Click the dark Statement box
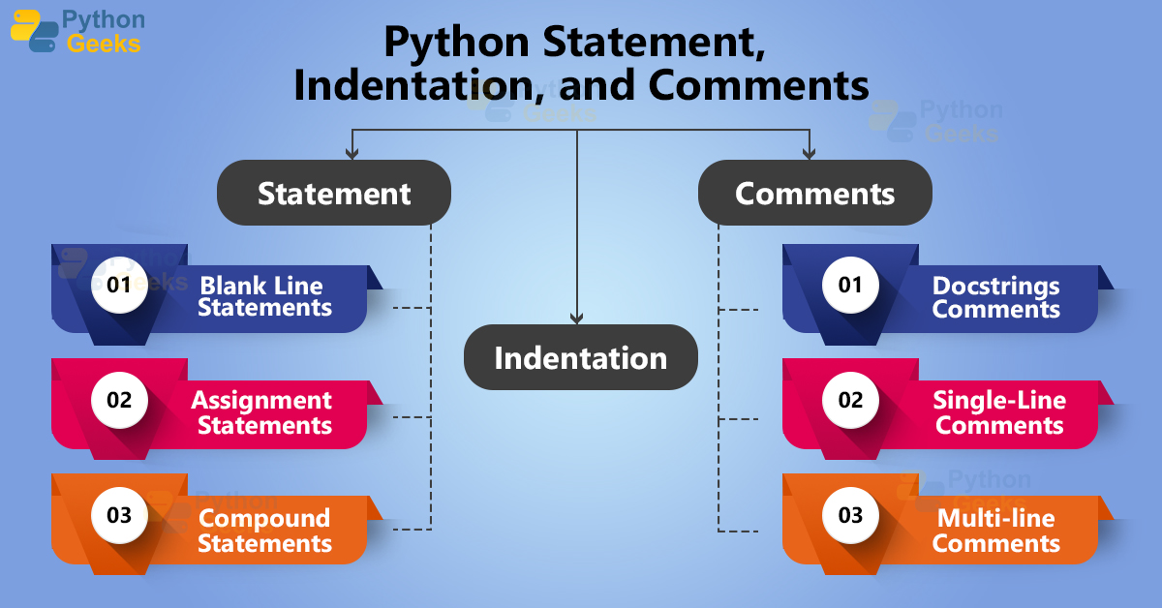(334, 193)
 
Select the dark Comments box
(814, 193)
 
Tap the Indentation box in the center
(580, 357)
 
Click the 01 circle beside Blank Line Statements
(119, 285)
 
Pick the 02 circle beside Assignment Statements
(119, 400)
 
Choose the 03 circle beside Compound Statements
(119, 515)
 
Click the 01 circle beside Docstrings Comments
(850, 285)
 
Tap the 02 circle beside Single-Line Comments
(850, 400)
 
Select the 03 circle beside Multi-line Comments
(850, 515)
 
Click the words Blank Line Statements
(263, 297)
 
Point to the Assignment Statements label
(263, 412)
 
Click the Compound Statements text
(264, 531)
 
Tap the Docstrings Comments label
(996, 297)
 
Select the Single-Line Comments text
(999, 412)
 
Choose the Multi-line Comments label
(996, 531)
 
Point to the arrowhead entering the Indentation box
(577, 318)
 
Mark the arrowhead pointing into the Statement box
(352, 152)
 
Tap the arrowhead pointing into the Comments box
(809, 152)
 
